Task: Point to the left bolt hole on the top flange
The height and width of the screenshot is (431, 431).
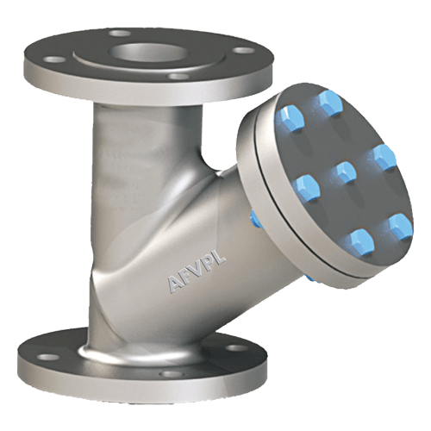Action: tap(53, 60)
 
